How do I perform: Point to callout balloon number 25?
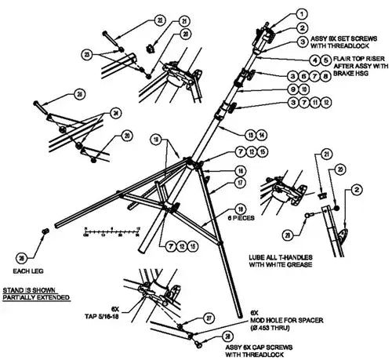point(79,94)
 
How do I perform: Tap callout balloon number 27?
point(209,317)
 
